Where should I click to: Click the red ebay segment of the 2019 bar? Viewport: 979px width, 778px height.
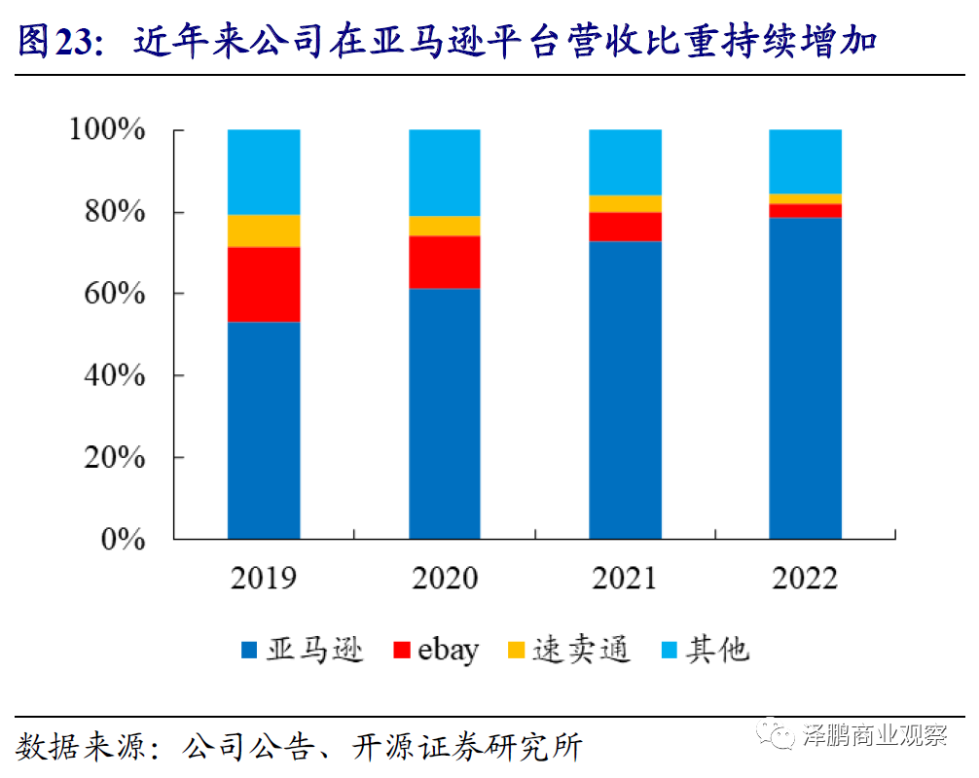pyautogui.click(x=264, y=284)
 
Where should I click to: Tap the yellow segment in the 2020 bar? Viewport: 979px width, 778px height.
pyautogui.click(x=445, y=226)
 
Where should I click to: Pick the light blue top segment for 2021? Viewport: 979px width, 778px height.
pyautogui.click(x=625, y=162)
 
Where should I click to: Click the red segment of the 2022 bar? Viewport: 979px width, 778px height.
pyautogui.click(x=806, y=210)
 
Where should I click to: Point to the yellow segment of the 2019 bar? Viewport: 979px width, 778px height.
pyautogui.click(x=264, y=230)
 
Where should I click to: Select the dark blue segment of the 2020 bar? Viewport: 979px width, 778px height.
pyautogui.click(x=445, y=413)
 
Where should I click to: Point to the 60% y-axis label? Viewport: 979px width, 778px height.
pyautogui.click(x=114, y=294)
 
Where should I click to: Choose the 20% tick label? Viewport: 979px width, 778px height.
pyautogui.click(x=114, y=457)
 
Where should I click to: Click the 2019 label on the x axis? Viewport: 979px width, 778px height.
pyautogui.click(x=264, y=579)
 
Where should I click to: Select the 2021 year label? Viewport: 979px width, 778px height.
pyautogui.click(x=625, y=579)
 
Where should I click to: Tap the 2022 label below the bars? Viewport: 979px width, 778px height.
pyautogui.click(x=806, y=579)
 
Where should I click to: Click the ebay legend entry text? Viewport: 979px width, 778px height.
pyautogui.click(x=449, y=650)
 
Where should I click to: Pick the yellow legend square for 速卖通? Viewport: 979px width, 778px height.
pyautogui.click(x=516, y=650)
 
